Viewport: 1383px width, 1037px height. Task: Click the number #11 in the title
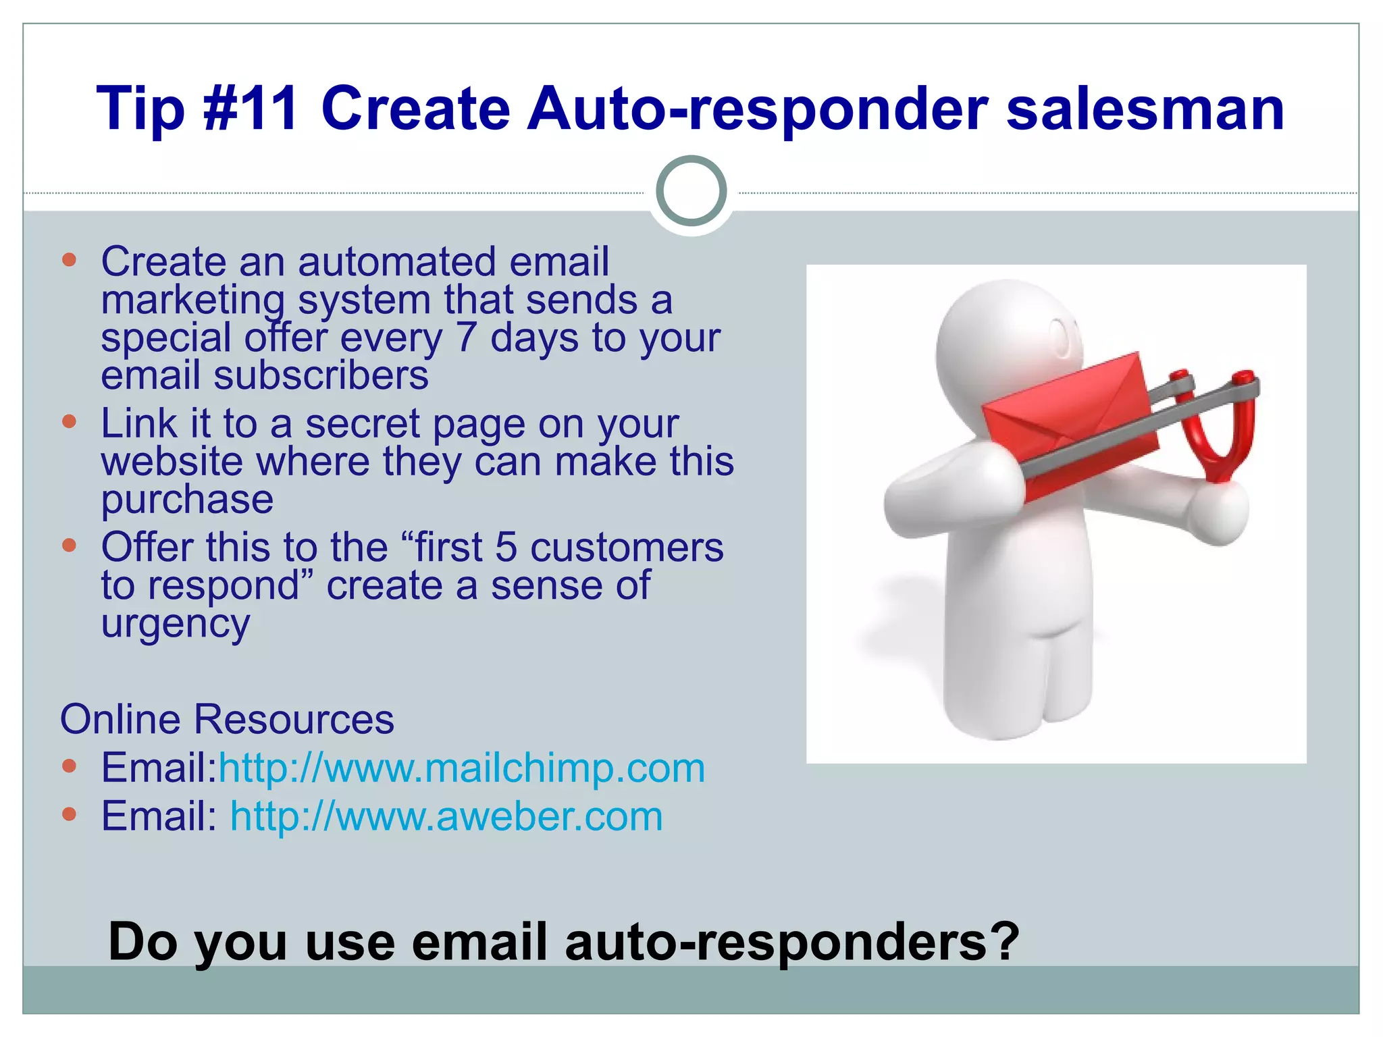(x=251, y=108)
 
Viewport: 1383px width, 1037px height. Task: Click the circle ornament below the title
(x=691, y=191)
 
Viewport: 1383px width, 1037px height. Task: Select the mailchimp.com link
(x=462, y=768)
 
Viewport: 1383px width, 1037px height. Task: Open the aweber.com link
(x=446, y=816)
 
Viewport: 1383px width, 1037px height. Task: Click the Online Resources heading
(x=227, y=718)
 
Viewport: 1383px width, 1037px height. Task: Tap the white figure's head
(x=999, y=338)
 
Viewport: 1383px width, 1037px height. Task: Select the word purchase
(x=187, y=500)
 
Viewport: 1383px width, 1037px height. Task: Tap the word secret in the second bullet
(x=363, y=424)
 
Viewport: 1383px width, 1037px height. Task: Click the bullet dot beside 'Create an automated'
(x=69, y=260)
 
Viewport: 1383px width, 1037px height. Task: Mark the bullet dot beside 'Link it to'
(x=69, y=423)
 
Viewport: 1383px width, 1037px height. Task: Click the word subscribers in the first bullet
(x=321, y=375)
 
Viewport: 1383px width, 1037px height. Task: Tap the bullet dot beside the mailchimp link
(x=69, y=766)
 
